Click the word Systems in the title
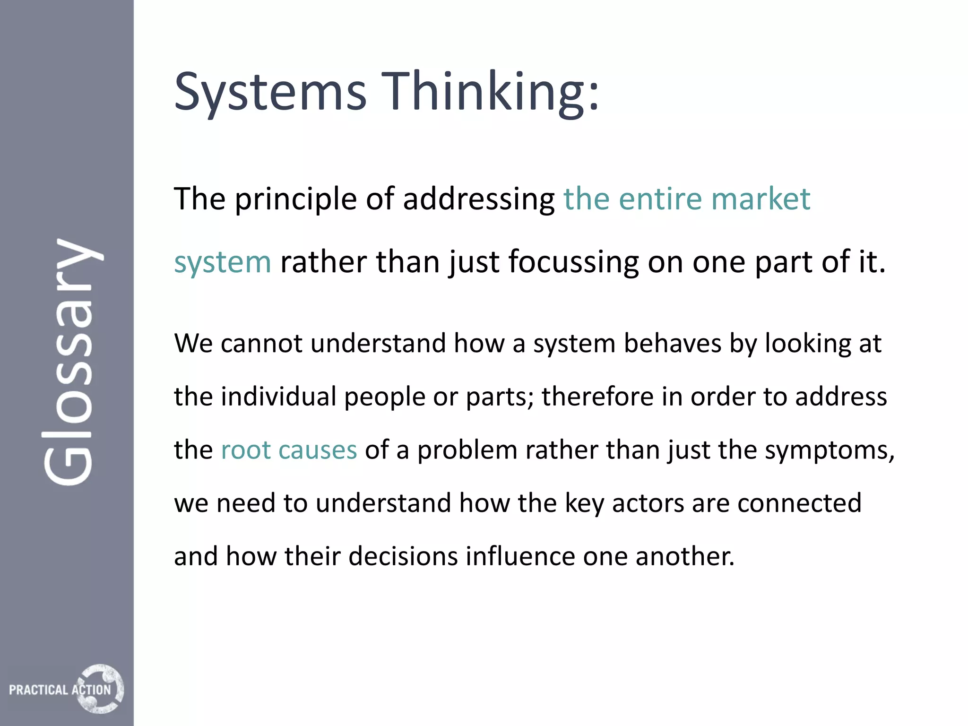270,92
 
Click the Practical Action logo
66,689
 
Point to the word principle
295,199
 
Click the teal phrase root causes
289,450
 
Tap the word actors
648,503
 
